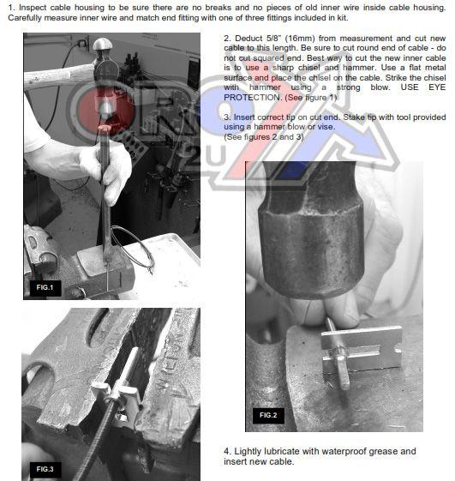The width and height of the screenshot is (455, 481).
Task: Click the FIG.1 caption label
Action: pos(45,288)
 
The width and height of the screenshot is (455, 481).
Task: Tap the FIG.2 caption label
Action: pos(268,415)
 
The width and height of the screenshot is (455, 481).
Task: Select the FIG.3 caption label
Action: pos(45,469)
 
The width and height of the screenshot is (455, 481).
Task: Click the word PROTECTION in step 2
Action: pos(252,98)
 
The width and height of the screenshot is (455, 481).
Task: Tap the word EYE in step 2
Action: pos(437,87)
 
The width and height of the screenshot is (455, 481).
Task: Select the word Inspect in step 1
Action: pos(33,8)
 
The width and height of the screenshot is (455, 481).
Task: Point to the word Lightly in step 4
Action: pos(248,452)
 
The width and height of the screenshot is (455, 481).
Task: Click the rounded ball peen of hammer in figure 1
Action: pos(103,45)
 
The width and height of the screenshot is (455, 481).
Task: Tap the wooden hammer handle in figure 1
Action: pos(59,76)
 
